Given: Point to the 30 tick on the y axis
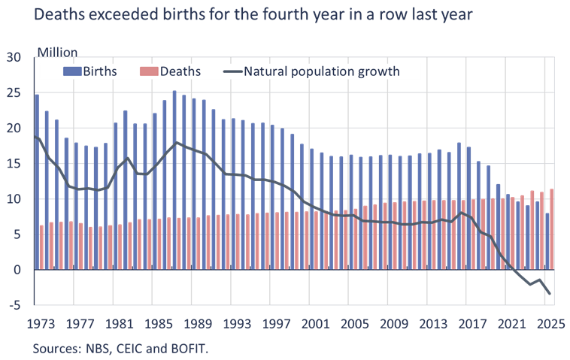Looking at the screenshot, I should pyautogui.click(x=14, y=58).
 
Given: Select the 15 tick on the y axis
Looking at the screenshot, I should pyautogui.click(x=14, y=164).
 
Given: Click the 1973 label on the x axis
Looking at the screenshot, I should pyautogui.click(x=40, y=324).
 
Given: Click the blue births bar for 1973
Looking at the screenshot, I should pyautogui.click(x=37, y=181).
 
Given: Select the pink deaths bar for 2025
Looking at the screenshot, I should pyautogui.click(x=553, y=228).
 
